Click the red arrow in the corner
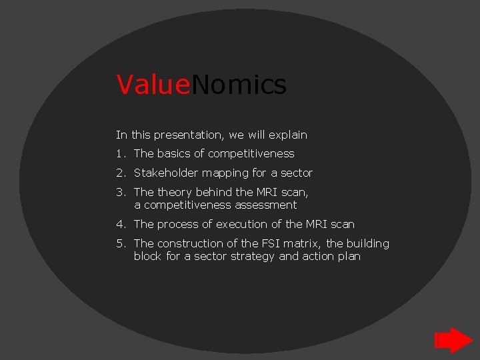click(453, 340)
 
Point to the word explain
click(288, 135)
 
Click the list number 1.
click(119, 154)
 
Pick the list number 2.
click(119, 173)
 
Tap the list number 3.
click(119, 192)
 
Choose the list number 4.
click(119, 225)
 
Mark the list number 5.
click(119, 244)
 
